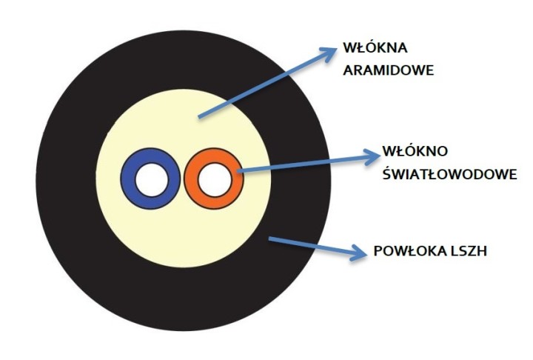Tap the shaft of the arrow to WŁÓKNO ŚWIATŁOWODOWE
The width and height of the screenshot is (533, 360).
coord(304,164)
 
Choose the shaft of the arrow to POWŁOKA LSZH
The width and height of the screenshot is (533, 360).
coord(311,247)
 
